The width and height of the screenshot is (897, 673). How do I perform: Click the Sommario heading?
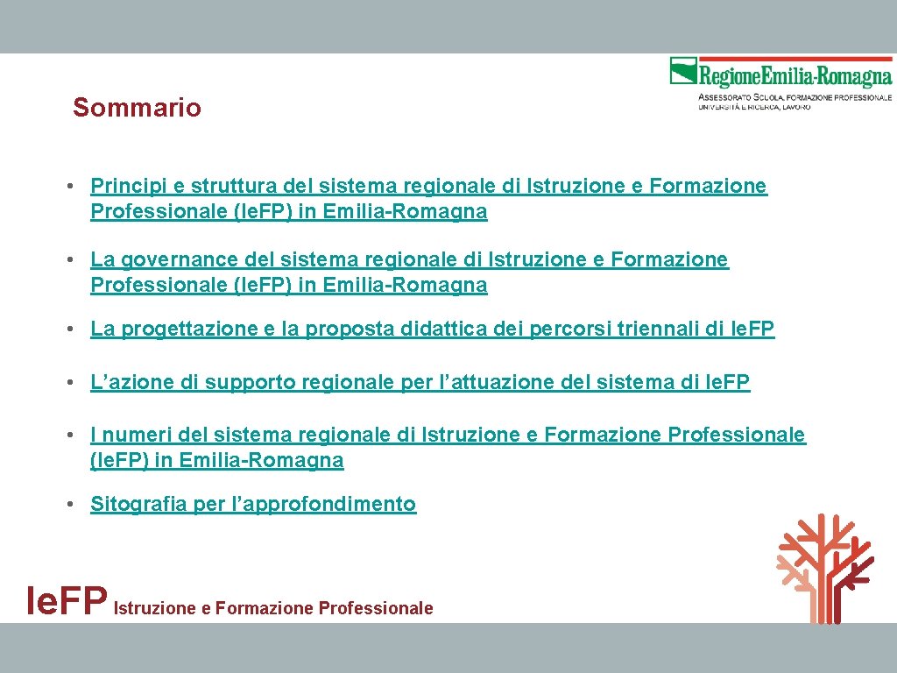point(137,108)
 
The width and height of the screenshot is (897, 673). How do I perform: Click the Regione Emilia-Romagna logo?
point(780,83)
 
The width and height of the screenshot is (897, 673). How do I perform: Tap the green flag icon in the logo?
point(683,71)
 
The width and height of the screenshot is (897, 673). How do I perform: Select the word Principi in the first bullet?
point(124,186)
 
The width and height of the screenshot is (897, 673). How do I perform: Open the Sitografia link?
point(138,504)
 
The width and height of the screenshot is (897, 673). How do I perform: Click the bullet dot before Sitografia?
point(79,505)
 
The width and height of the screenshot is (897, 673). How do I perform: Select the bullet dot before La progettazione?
point(79,330)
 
